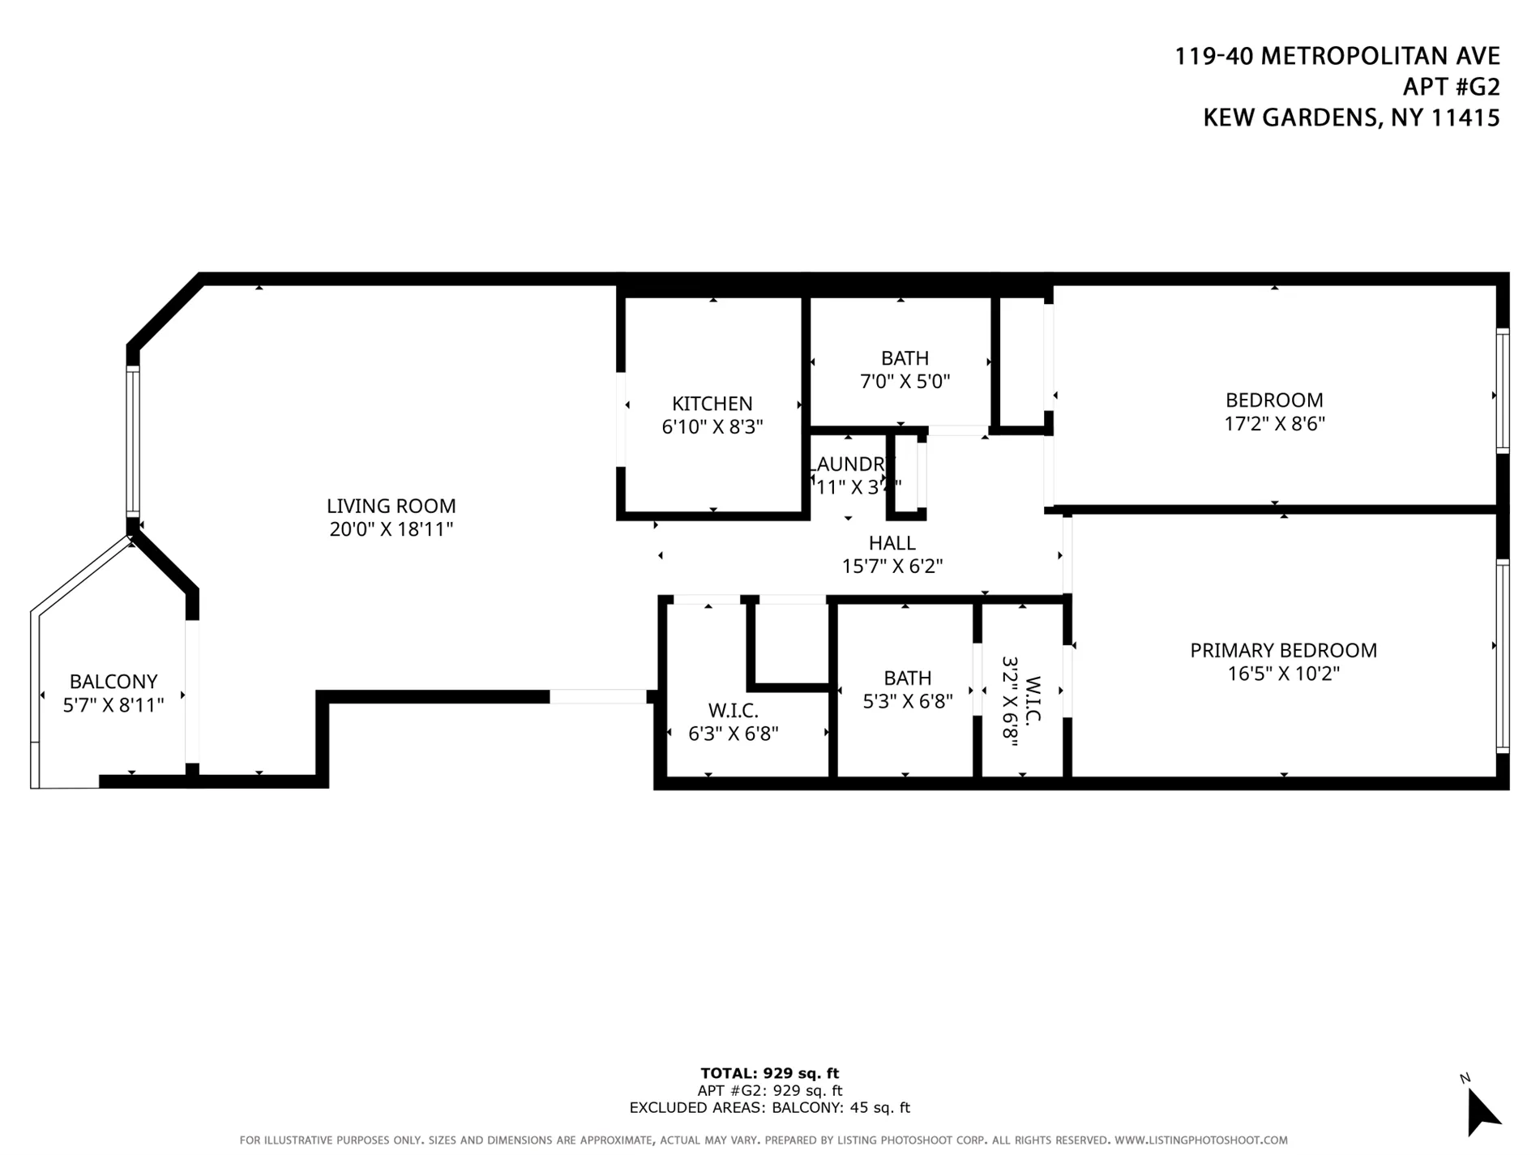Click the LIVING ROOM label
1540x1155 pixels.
(x=391, y=506)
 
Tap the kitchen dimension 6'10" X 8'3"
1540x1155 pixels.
(x=712, y=427)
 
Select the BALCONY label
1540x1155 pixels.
(x=113, y=682)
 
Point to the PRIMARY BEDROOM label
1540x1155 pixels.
(x=1283, y=650)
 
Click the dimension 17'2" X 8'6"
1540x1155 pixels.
(x=1274, y=423)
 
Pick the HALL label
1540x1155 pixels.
(x=892, y=543)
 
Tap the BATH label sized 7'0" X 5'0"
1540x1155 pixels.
(x=905, y=358)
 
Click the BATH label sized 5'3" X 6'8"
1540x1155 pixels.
(x=907, y=678)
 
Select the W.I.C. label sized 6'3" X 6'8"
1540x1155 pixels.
(x=733, y=711)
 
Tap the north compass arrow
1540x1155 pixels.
(x=1482, y=1112)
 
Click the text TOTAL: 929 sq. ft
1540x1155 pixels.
(x=769, y=1074)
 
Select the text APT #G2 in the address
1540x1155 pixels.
(x=1451, y=87)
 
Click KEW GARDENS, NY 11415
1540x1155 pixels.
(x=1350, y=118)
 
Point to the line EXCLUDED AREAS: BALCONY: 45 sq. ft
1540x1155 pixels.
(x=769, y=1108)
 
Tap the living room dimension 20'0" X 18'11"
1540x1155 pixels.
(x=391, y=529)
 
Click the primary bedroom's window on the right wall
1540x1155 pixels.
(x=1502, y=657)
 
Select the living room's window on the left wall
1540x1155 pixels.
(x=133, y=442)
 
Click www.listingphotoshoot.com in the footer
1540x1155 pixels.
(x=1200, y=1140)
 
